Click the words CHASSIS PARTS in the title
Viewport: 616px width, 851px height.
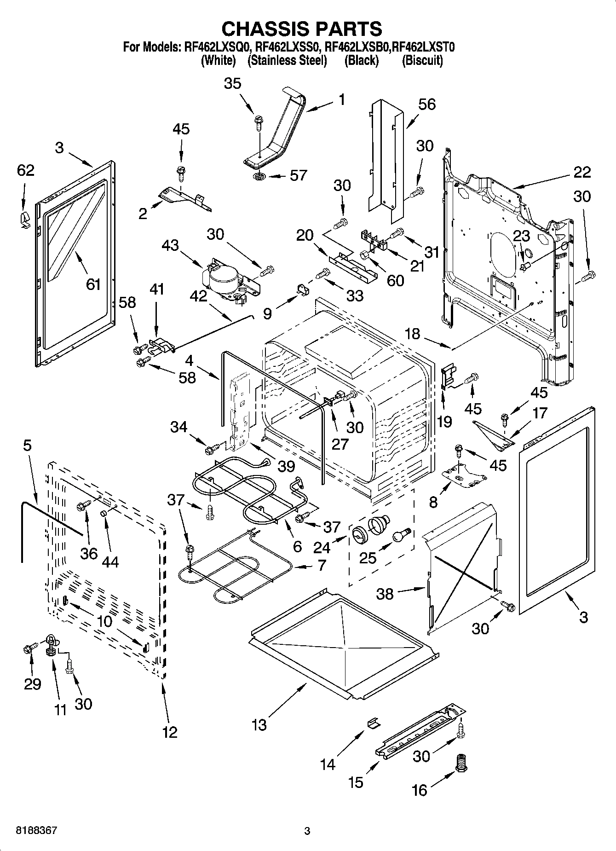click(x=302, y=29)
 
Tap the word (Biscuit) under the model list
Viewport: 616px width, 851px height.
click(x=422, y=60)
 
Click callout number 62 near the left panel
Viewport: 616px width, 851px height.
click(x=25, y=170)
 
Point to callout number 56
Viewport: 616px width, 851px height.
click(x=426, y=104)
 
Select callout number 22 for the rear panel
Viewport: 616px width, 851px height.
click(x=582, y=172)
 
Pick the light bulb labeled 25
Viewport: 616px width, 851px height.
click(x=401, y=534)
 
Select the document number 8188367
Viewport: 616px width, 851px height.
click(x=36, y=831)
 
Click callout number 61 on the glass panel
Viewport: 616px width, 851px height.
click(x=93, y=284)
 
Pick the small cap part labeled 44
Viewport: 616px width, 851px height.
click(x=104, y=513)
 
